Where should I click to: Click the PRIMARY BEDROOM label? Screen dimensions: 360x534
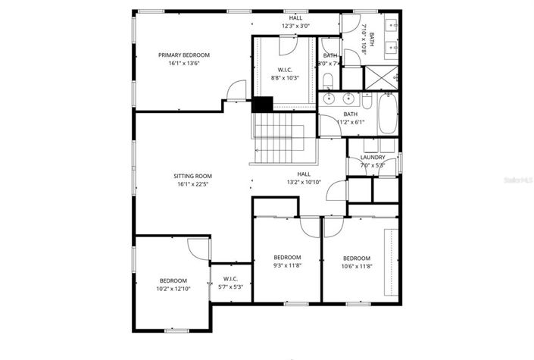point(184,55)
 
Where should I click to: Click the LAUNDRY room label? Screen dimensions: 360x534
point(373,157)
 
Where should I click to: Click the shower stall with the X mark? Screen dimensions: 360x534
point(382,77)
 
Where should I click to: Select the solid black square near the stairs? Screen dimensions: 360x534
point(262,105)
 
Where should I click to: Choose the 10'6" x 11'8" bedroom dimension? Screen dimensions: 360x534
point(356,266)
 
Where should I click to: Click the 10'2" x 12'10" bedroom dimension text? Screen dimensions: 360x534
point(172,288)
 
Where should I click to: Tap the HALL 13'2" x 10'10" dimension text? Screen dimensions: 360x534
point(304,182)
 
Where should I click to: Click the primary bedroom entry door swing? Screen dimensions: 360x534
point(237,91)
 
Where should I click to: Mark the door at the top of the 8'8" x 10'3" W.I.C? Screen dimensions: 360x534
point(288,45)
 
